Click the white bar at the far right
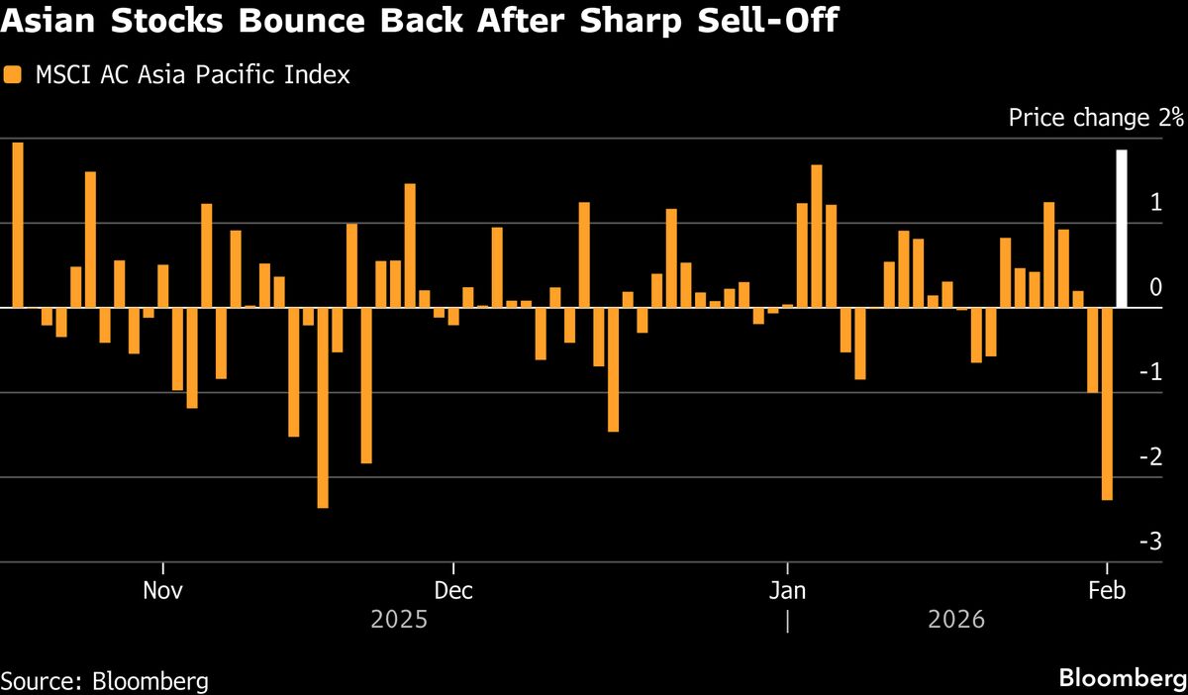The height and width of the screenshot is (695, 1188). pos(1122,229)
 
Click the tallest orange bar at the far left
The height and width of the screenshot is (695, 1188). pos(18,225)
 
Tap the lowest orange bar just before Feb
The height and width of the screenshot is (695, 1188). pos(1107,403)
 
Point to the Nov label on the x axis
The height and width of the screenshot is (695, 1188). pos(162,591)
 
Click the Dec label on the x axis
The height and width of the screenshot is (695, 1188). pos(452,591)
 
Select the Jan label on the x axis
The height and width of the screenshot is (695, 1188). pos(787,591)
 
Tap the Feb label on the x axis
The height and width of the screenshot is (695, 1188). pos(1107,591)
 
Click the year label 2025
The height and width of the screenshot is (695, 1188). pos(399,621)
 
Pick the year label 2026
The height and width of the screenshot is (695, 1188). pos(957,621)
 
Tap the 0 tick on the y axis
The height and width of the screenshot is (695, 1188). pos(1155,287)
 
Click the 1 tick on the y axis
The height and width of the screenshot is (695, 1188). pos(1155,203)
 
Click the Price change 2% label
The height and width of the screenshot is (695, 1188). pos(1096,118)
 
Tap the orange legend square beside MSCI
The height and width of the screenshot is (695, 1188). pos(11,74)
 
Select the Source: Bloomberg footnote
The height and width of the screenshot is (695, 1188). pos(105,681)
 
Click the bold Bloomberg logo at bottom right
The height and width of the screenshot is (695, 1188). pos(1123,679)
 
